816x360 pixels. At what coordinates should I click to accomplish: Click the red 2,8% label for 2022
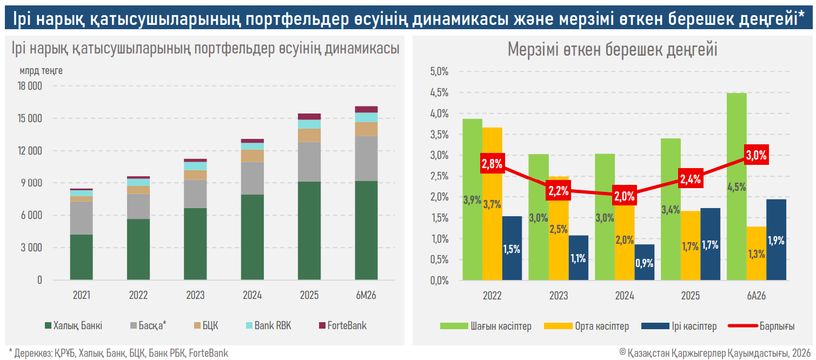click(x=492, y=163)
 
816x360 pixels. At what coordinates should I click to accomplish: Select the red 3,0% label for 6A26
click(x=757, y=155)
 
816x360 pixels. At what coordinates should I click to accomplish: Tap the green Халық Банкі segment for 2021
click(x=81, y=257)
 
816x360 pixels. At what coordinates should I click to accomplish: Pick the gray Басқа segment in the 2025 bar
click(x=309, y=162)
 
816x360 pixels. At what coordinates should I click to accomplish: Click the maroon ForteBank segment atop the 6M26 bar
click(x=366, y=109)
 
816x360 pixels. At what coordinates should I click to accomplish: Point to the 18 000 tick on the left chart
click(x=30, y=86)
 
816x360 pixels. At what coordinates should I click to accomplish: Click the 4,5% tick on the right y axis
click(x=439, y=92)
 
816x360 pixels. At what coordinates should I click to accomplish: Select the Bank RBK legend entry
click(x=268, y=325)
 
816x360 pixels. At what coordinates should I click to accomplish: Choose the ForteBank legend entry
click(x=342, y=325)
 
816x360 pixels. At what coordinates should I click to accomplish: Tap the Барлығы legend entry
click(x=761, y=326)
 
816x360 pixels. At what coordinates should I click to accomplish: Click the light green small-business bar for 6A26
click(x=737, y=186)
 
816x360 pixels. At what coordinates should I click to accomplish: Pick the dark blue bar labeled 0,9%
click(x=645, y=262)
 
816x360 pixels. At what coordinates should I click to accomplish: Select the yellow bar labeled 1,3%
click(x=757, y=254)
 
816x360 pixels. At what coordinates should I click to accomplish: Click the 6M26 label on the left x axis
click(x=366, y=295)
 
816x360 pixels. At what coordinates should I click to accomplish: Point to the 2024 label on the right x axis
click(x=625, y=296)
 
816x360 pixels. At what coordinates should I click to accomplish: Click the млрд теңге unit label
click(x=41, y=71)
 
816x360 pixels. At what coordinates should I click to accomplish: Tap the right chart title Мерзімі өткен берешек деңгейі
click(x=612, y=49)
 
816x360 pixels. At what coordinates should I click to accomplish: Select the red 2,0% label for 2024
click(x=625, y=196)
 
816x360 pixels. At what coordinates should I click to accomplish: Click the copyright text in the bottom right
click(x=715, y=352)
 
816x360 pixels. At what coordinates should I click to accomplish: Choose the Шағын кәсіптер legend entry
click(x=486, y=326)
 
